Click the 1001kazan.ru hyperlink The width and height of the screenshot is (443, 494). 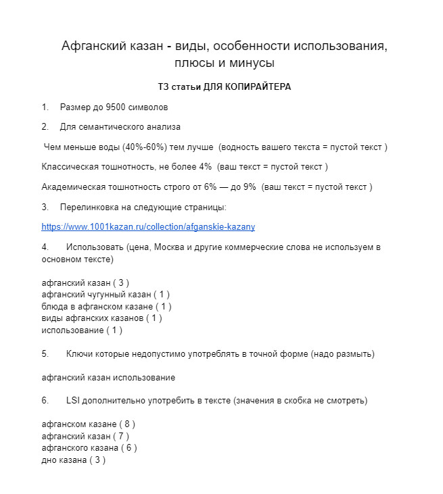(148, 227)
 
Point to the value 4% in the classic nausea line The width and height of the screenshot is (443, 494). (205, 166)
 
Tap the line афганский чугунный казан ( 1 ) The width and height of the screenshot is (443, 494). (106, 295)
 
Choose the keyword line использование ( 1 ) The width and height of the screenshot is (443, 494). (82, 330)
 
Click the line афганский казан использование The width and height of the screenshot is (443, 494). (108, 377)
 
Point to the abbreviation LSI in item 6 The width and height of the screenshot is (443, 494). (74, 401)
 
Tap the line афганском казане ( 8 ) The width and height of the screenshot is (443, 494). (88, 424)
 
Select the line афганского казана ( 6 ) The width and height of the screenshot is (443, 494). (89, 448)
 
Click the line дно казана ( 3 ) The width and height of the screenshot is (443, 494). (73, 460)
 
